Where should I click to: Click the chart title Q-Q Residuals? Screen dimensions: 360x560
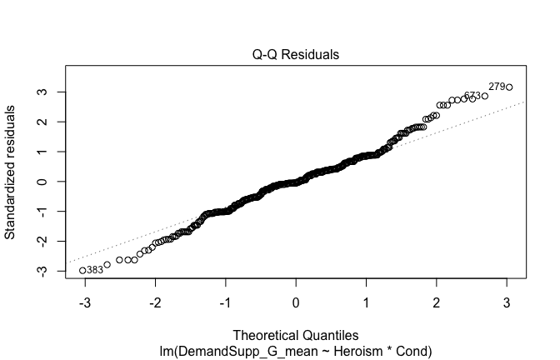(296, 55)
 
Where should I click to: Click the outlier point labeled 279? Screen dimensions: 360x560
(509, 87)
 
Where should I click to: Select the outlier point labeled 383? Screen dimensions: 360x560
(82, 270)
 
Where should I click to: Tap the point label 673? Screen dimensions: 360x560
(472, 96)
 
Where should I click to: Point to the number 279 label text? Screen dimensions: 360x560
(497, 86)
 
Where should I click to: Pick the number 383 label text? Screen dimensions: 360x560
(95, 270)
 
